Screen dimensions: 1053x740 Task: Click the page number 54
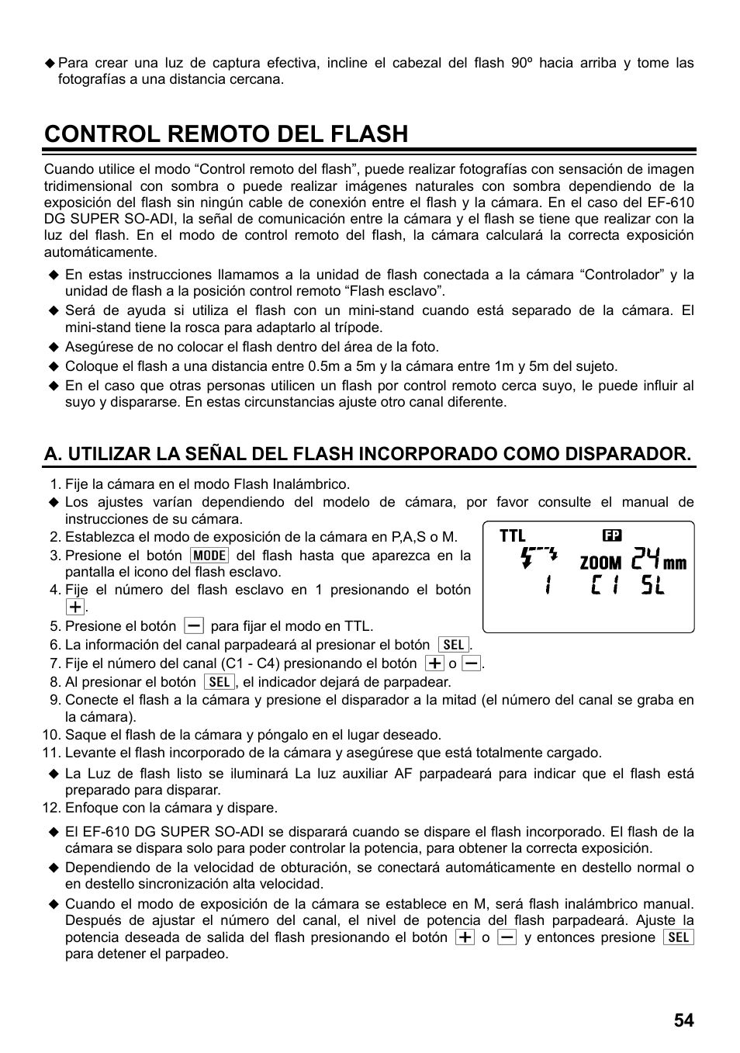point(683,1020)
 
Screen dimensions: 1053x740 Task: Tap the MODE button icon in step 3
point(209,556)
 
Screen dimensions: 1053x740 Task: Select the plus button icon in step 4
point(74,607)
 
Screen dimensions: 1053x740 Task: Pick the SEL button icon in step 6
point(454,645)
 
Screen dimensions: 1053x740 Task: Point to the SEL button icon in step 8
point(220,682)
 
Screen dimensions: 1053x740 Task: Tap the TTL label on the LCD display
point(513,535)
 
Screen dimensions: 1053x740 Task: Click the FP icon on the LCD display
point(612,535)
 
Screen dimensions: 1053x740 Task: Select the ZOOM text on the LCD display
point(600,563)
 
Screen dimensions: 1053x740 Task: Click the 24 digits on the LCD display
point(645,559)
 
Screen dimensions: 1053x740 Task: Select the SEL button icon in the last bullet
point(679,937)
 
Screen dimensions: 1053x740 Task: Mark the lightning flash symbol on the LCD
point(538,557)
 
